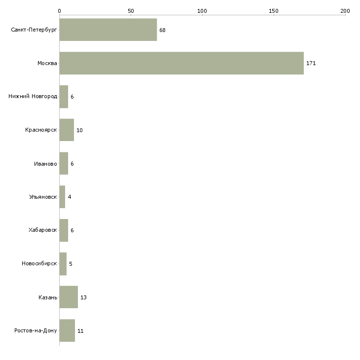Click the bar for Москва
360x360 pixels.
[x=181, y=63]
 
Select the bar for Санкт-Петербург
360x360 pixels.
[x=108, y=30]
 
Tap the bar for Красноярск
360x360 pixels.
[x=67, y=130]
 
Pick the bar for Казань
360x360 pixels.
[x=69, y=297]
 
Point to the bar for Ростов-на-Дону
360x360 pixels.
[x=67, y=330]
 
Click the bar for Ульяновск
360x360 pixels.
[x=62, y=197]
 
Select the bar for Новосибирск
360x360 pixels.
[x=63, y=263]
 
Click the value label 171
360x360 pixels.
[x=311, y=64]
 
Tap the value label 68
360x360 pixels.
[x=162, y=30]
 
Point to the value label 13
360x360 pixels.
[x=83, y=297]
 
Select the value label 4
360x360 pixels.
[x=70, y=197]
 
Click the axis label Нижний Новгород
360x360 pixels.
[x=33, y=97]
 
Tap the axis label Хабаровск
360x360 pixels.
[x=42, y=230]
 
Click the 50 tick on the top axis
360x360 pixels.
[x=131, y=10]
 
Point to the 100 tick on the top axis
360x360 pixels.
[x=202, y=10]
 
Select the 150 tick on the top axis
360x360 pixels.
[x=274, y=10]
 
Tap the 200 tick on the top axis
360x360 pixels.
[x=345, y=10]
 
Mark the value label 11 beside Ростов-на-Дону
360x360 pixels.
[x=80, y=331]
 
